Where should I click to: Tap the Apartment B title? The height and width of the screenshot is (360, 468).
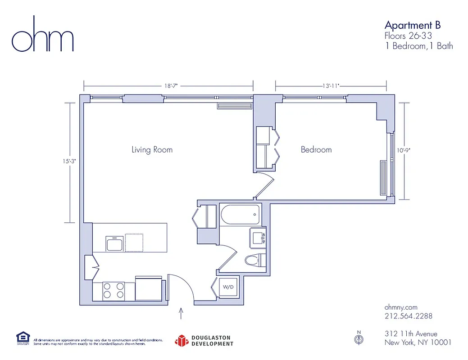coord(412,25)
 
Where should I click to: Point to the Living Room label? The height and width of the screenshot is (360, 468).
coord(152,149)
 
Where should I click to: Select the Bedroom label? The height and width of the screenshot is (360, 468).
coord(316,149)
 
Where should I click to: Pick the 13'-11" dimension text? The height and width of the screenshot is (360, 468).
coord(331,85)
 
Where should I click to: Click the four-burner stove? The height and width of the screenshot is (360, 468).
coord(113,290)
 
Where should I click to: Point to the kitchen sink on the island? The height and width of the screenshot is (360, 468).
coord(114,243)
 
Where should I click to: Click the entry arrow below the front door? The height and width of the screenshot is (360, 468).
coord(181,313)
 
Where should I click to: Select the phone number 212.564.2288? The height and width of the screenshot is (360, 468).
coord(409,316)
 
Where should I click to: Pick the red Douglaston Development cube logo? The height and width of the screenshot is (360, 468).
coord(181,341)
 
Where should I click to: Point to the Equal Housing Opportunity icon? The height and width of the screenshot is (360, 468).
coord(23,338)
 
